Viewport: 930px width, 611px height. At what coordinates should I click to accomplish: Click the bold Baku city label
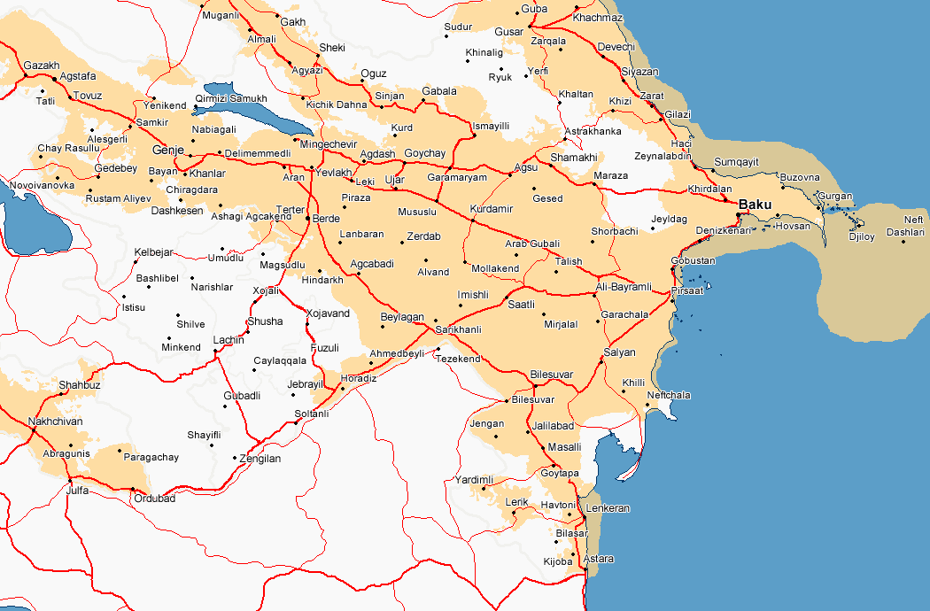[x=756, y=205]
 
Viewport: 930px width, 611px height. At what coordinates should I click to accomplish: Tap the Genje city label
[x=167, y=150]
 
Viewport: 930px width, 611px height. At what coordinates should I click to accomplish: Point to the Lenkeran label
[x=608, y=508]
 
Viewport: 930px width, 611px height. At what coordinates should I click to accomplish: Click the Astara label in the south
[x=599, y=559]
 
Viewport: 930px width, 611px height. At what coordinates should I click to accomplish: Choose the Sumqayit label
[x=737, y=162]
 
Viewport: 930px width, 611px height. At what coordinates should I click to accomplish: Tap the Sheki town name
[x=332, y=48]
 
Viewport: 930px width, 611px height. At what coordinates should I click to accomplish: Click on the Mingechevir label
[x=329, y=143]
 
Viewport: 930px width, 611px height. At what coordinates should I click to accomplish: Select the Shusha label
[x=266, y=321]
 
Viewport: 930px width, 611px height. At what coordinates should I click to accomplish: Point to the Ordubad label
[x=154, y=499]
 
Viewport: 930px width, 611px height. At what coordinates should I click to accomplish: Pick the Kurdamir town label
[x=491, y=209]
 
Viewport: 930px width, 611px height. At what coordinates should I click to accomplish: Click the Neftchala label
[x=669, y=395]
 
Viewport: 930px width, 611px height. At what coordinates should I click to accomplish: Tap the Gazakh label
[x=42, y=66]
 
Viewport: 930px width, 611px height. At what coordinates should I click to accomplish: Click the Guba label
[x=534, y=9]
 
